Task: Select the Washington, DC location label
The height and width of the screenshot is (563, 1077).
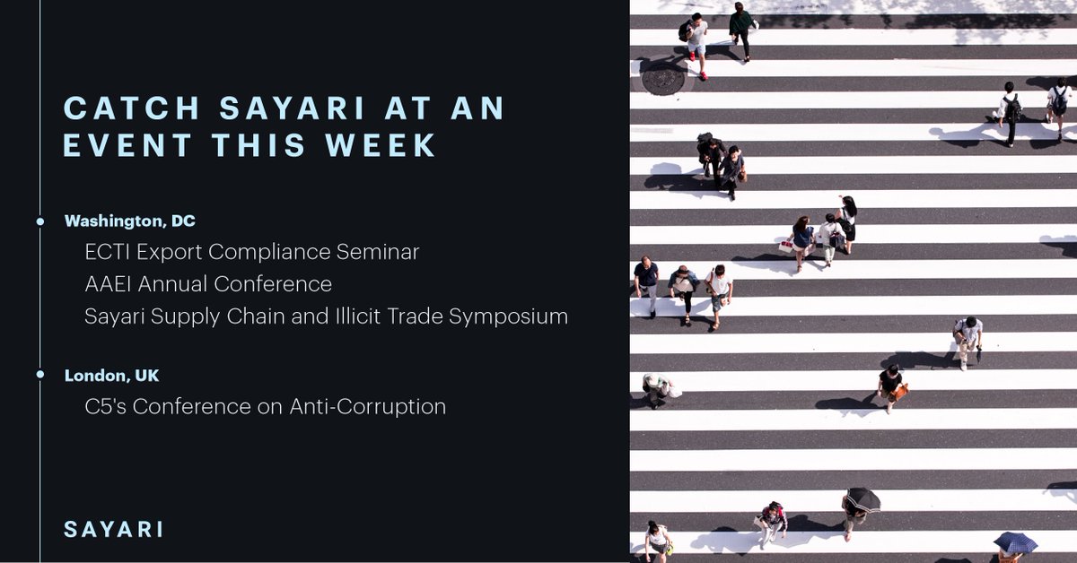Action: (130, 221)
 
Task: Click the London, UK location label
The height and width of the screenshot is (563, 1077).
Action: (111, 375)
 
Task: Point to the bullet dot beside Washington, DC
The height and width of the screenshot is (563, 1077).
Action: (40, 221)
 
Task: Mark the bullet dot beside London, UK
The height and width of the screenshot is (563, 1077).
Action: (40, 375)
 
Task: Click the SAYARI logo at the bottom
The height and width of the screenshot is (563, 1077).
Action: (114, 529)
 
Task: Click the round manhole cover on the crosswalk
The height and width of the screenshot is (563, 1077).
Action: (663, 79)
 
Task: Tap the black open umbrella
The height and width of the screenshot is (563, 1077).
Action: (862, 498)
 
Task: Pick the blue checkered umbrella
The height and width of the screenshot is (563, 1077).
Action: (1015, 542)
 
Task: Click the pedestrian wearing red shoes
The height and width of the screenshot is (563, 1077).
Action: (696, 45)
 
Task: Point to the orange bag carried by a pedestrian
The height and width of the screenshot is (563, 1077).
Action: (899, 391)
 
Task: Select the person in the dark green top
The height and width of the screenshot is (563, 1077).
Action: (741, 27)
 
